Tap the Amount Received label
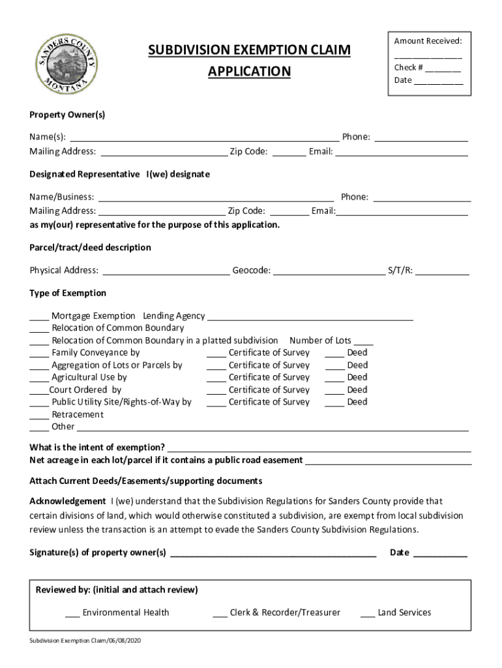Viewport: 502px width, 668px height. coord(428,41)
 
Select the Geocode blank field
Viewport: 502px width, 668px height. coord(329,271)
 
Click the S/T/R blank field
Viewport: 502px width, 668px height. coord(442,271)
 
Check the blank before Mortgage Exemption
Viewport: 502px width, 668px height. coord(38,316)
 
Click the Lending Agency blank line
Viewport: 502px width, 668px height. coord(310,316)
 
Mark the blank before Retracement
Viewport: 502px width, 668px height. coord(38,415)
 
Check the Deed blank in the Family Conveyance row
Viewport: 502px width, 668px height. coord(334,354)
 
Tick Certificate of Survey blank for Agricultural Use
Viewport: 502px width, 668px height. coord(216,378)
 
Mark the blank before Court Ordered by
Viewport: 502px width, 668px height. coord(38,390)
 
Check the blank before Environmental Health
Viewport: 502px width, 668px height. coord(72,613)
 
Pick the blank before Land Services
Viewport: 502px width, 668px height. coord(367,613)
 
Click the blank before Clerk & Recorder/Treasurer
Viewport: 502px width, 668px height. coord(220,613)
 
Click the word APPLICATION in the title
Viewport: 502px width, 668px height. coord(249,71)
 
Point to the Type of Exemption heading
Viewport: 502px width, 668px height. coord(68,293)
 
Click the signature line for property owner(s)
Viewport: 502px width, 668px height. coord(273,553)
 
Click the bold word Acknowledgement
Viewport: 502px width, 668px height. coord(67,501)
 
